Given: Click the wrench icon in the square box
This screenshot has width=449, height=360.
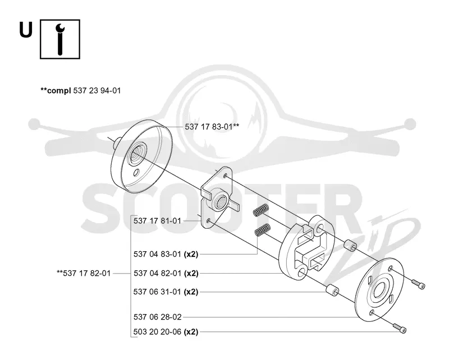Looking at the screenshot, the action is [60, 39].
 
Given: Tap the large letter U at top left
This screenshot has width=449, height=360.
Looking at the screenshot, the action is [26, 30].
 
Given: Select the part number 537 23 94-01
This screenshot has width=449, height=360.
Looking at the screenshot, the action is [97, 91].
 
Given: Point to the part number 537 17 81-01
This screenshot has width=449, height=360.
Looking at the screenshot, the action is [157, 221].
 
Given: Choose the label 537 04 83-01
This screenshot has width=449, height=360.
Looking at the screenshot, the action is [157, 254].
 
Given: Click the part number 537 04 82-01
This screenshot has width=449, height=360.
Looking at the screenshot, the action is [157, 273].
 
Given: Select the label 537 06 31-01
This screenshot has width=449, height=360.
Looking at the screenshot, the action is [157, 292].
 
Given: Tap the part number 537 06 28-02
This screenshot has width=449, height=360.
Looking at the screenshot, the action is [158, 317].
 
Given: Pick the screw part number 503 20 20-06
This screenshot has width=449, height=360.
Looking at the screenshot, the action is [157, 332].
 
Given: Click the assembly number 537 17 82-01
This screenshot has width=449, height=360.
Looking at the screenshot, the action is [86, 273].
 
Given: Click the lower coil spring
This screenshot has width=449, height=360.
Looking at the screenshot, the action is [262, 230].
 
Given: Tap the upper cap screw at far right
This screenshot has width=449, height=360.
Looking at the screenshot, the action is [418, 284].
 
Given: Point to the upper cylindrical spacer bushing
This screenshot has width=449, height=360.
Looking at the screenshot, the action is [350, 246].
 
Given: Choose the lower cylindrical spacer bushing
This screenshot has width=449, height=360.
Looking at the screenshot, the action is [332, 290].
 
